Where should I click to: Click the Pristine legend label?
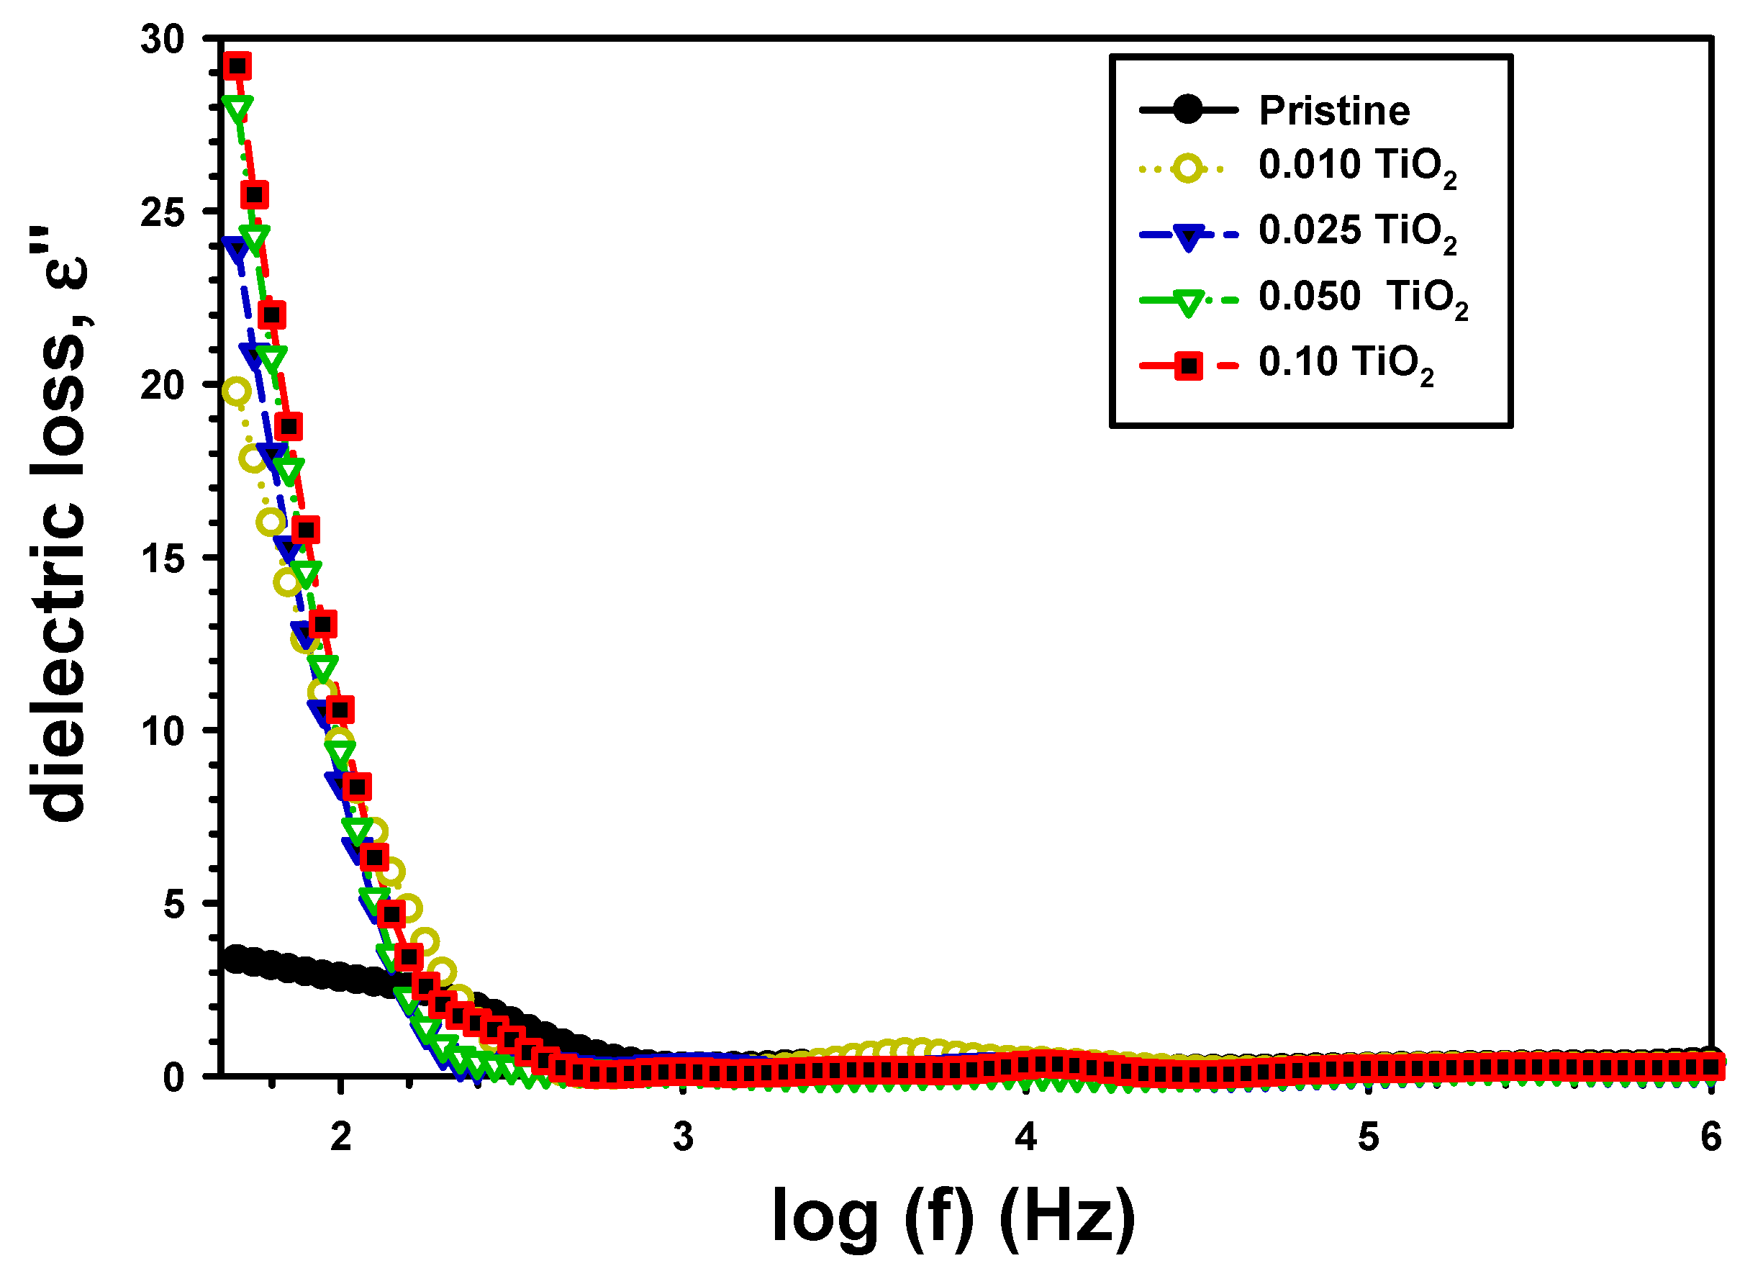click(x=1333, y=111)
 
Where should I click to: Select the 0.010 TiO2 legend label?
click(x=1356, y=166)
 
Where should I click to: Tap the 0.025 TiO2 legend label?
click(x=1356, y=232)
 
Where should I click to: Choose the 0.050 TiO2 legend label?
click(x=1363, y=298)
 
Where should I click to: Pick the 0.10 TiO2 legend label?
click(x=1346, y=363)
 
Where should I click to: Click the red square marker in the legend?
click(x=1189, y=366)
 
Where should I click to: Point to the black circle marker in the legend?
click(x=1189, y=110)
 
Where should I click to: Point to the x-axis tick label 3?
click(x=683, y=1136)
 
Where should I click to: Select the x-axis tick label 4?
click(x=1025, y=1136)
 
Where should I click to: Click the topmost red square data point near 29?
click(x=237, y=66)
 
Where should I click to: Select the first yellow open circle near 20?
click(x=236, y=392)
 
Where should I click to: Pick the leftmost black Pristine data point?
click(x=235, y=959)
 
